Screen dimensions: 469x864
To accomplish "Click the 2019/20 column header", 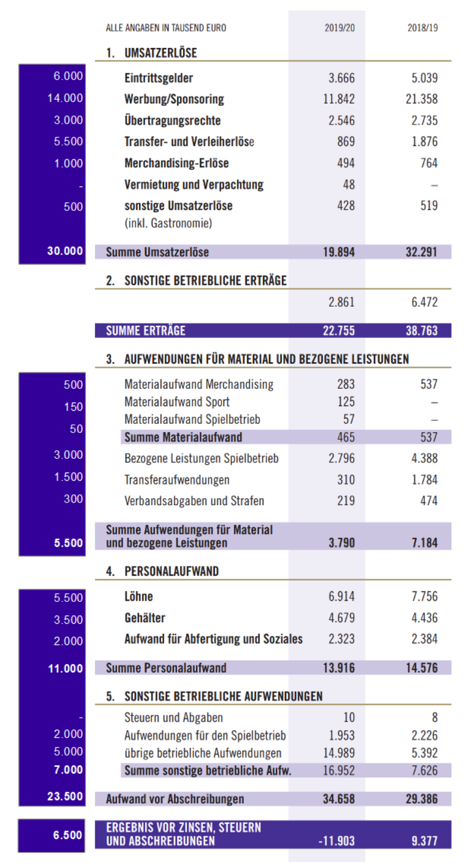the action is [x=339, y=28].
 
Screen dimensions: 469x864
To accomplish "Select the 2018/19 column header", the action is [x=422, y=28].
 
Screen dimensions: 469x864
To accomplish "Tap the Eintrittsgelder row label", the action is [x=159, y=78].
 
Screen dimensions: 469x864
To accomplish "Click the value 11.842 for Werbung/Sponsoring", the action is [x=339, y=99].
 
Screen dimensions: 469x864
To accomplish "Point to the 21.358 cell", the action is [x=421, y=99].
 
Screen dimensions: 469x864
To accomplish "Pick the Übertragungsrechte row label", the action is [x=172, y=120].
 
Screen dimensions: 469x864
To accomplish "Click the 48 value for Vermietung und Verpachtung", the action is [x=349, y=185].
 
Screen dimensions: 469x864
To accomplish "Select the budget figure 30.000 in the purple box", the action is [x=65, y=251].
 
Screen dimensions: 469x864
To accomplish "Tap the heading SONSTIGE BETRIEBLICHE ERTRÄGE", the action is [x=206, y=280].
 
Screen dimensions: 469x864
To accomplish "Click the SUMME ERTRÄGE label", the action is [x=146, y=331].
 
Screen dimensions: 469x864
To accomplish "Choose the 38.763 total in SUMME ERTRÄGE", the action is [x=421, y=331].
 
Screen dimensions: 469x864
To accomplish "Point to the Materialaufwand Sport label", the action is [x=177, y=402].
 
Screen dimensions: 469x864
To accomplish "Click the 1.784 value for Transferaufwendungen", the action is [x=424, y=480].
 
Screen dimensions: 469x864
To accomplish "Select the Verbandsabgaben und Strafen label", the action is [x=194, y=501].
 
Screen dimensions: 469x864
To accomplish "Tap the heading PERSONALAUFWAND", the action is [x=172, y=571].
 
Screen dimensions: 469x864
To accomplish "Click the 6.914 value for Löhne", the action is [x=341, y=597].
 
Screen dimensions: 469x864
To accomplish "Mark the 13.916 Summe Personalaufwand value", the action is [x=339, y=668].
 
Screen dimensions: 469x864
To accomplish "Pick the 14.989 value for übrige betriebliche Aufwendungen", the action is [x=339, y=753].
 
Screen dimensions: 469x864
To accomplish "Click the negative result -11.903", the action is [x=336, y=841].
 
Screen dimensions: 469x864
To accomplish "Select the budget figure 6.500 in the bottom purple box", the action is [x=67, y=835].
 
